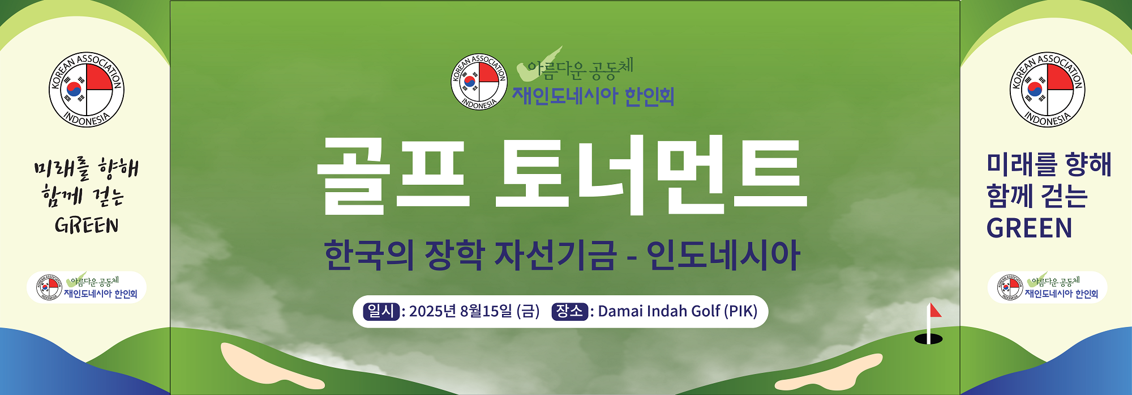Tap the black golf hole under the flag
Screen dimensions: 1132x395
click(x=929, y=339)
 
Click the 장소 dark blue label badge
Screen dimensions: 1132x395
click(x=570, y=311)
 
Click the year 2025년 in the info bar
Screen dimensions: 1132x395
click(x=432, y=311)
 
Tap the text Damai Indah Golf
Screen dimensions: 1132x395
click(x=659, y=311)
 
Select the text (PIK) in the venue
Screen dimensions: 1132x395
click(x=741, y=311)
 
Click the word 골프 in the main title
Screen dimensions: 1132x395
click(x=394, y=175)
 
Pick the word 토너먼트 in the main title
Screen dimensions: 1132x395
click(x=651, y=175)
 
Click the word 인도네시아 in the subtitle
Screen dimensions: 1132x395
click(x=723, y=255)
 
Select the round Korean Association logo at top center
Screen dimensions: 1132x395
click(x=479, y=82)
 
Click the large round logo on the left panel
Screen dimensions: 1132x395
click(x=86, y=90)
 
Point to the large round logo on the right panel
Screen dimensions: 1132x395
click(x=1047, y=90)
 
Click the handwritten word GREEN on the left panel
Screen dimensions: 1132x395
click(x=87, y=226)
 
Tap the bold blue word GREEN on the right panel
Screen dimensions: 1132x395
click(x=1029, y=228)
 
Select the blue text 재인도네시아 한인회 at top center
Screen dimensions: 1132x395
click(x=593, y=96)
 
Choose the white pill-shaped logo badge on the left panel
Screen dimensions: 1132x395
click(x=87, y=287)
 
